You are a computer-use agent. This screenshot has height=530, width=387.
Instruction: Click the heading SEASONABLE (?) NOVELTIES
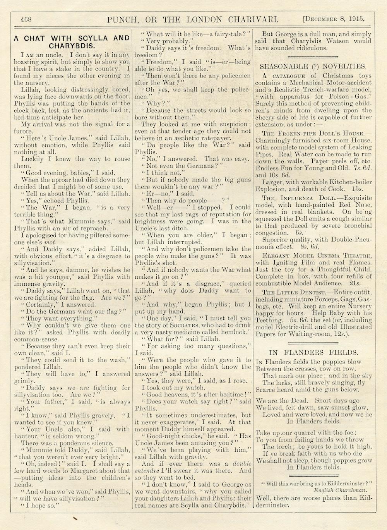tap(313, 66)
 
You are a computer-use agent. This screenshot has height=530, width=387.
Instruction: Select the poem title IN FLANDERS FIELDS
tap(313, 352)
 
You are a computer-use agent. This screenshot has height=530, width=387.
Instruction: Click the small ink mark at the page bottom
tap(75, 518)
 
